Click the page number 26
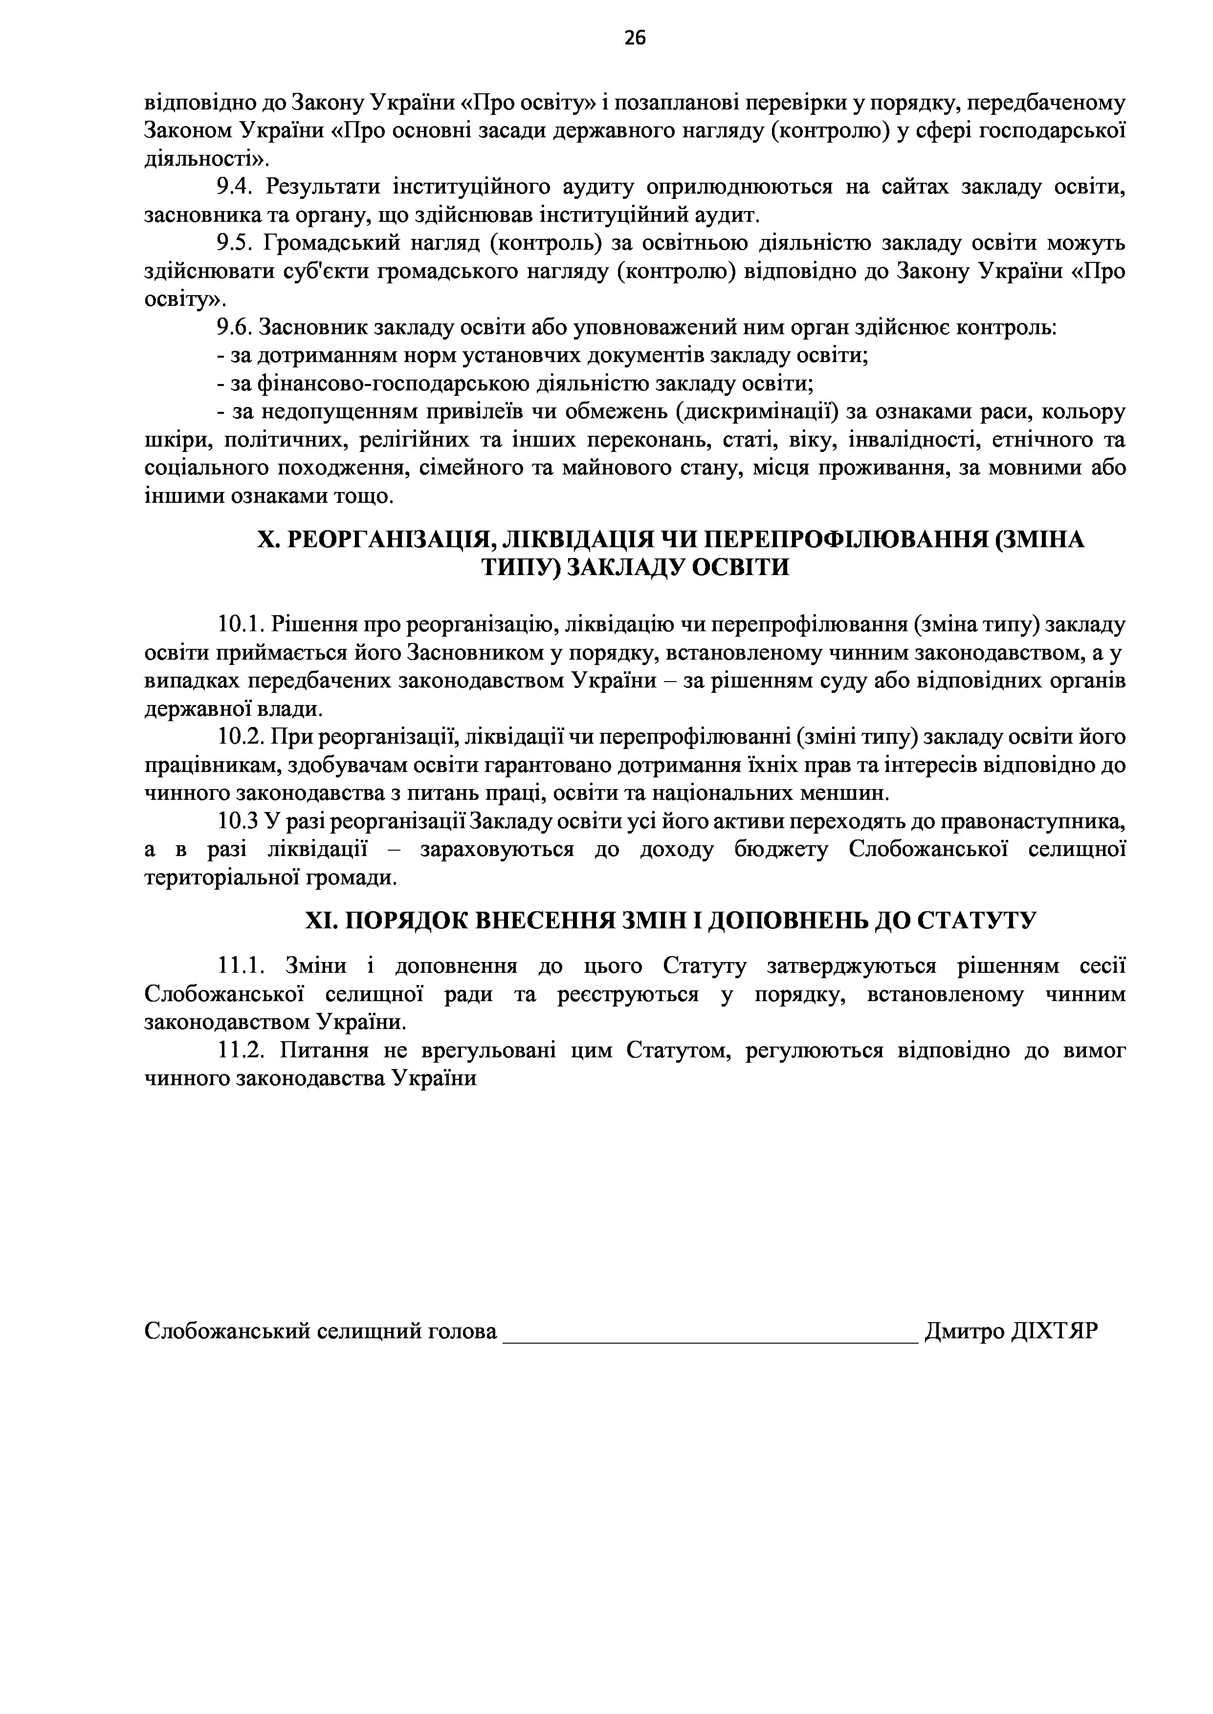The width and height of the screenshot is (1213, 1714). click(635, 37)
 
